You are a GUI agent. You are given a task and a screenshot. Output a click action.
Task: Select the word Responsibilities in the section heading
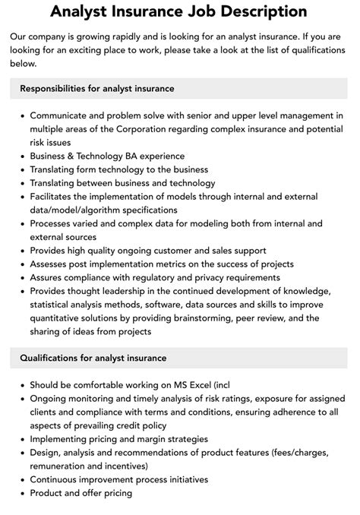coord(54,89)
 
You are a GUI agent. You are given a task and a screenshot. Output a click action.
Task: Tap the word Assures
coord(49,278)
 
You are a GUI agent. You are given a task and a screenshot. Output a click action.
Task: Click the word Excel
coord(197,384)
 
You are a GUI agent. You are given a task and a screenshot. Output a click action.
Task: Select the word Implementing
coord(62,439)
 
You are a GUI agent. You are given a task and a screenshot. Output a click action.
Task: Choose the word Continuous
coord(57,479)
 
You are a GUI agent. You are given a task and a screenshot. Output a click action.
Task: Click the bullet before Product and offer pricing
coord(21,493)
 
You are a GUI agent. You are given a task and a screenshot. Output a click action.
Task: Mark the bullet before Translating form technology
coord(21,169)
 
